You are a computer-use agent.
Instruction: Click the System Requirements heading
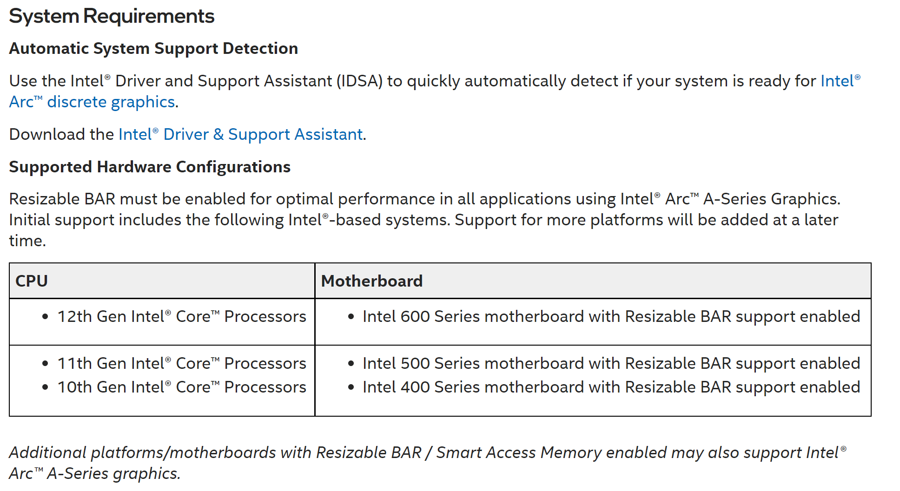tap(112, 16)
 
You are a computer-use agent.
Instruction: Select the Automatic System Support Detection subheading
tap(153, 48)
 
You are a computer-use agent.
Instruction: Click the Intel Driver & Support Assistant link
tap(240, 134)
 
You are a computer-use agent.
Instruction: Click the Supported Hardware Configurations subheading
tap(150, 167)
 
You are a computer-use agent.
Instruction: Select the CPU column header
tap(32, 281)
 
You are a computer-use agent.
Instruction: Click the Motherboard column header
tap(371, 281)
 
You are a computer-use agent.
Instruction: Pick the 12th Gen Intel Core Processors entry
tap(181, 316)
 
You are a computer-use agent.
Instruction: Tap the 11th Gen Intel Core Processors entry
tap(181, 363)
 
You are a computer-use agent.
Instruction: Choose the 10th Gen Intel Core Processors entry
tap(181, 387)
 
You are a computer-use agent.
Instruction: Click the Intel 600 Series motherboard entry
tap(611, 316)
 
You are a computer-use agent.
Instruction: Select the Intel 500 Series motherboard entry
tap(611, 363)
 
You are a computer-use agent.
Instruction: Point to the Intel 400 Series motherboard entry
tap(611, 387)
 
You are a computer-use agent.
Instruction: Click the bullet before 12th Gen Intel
tap(45, 317)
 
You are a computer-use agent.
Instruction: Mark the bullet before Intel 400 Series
tap(351, 387)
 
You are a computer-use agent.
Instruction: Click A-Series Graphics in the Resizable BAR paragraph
tap(771, 199)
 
